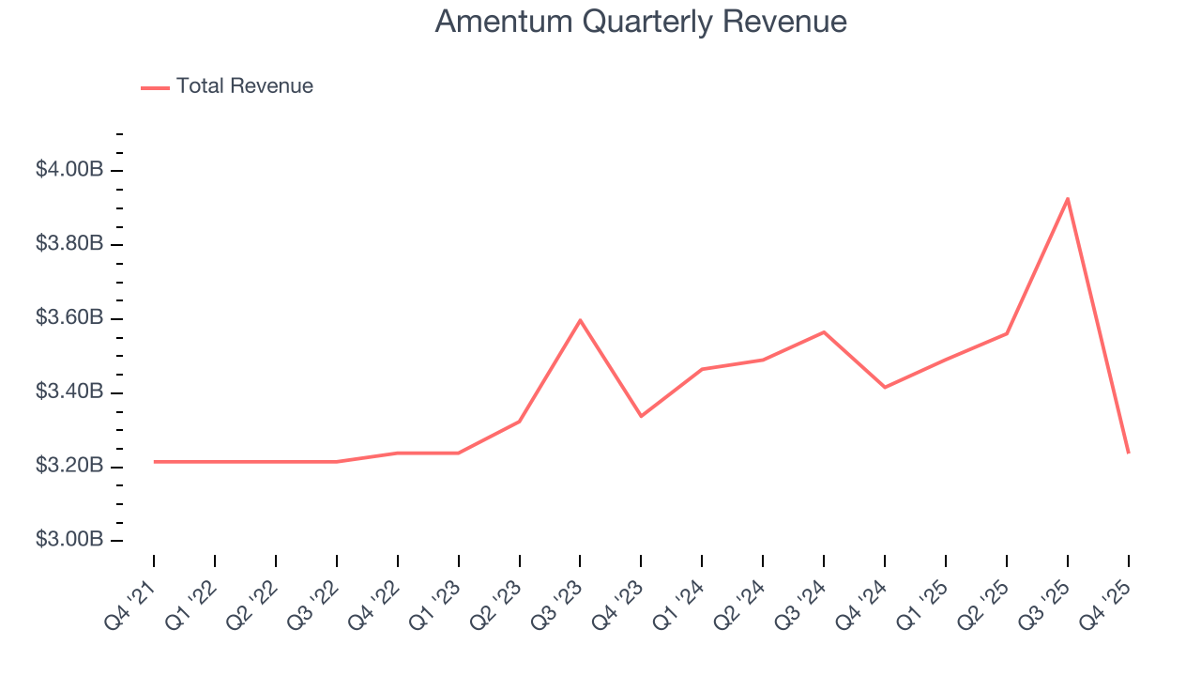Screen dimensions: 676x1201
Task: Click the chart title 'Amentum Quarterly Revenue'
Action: point(641,22)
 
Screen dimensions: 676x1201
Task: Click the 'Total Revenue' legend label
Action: point(244,86)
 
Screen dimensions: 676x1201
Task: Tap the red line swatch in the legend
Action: point(155,87)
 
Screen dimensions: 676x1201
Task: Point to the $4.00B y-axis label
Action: point(69,170)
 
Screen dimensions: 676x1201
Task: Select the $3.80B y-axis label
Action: point(69,244)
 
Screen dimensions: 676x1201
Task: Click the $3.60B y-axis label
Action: point(69,318)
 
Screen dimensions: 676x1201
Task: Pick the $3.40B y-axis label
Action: point(69,392)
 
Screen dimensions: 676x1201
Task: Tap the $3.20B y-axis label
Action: point(69,466)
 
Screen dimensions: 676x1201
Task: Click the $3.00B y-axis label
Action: point(69,540)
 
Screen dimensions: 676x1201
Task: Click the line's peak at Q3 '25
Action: point(1068,198)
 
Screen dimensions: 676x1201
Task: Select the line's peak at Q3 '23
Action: point(580,320)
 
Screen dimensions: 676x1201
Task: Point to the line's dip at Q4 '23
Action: point(641,416)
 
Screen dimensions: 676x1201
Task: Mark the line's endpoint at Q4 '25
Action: point(1128,453)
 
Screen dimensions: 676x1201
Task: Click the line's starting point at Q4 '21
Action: point(155,461)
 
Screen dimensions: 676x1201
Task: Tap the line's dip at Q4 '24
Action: point(885,387)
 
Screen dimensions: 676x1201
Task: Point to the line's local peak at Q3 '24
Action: point(824,331)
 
